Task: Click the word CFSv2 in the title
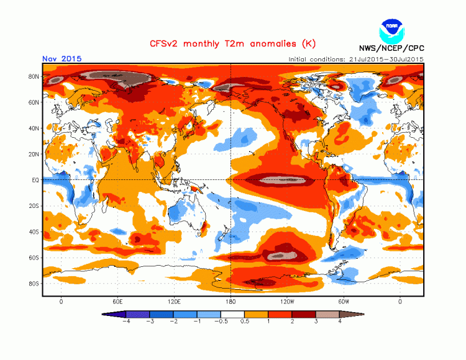pyautogui.click(x=163, y=44)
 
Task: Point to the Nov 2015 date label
pyautogui.click(x=62, y=59)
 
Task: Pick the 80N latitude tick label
pyautogui.click(x=34, y=76)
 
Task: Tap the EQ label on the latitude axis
pyautogui.click(x=35, y=180)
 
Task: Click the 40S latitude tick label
pyautogui.click(x=34, y=232)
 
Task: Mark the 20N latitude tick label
pyautogui.click(x=34, y=154)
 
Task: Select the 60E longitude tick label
pyautogui.click(x=117, y=301)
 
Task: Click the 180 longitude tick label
pyautogui.click(x=231, y=301)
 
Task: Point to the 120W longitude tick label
pyautogui.click(x=287, y=301)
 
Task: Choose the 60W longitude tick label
pyautogui.click(x=344, y=301)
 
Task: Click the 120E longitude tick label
pyautogui.click(x=175, y=301)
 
